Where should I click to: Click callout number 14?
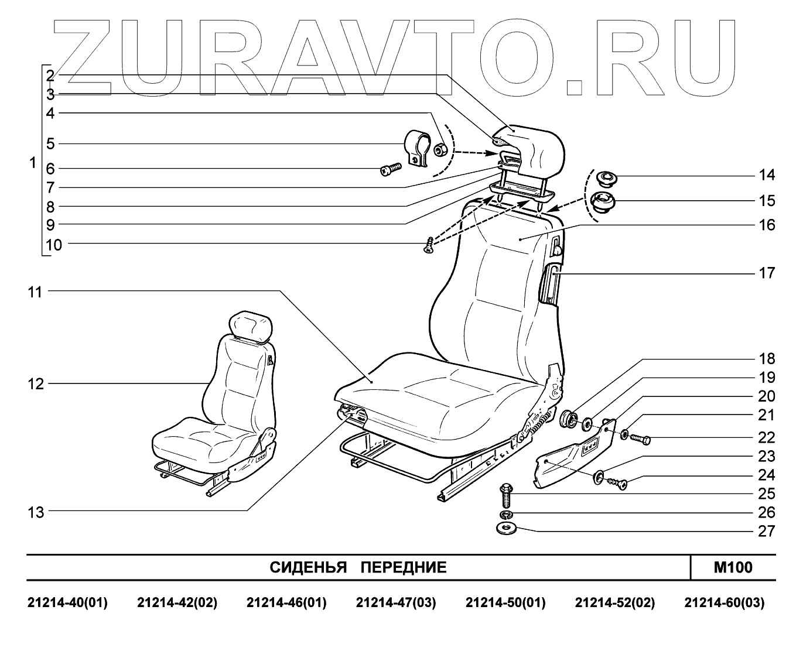(767, 175)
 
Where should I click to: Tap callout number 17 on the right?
(767, 273)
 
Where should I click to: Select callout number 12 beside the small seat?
(36, 384)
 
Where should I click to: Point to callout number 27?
(767, 531)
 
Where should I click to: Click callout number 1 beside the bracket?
(33, 163)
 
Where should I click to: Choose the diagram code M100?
(733, 567)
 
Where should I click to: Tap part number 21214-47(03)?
(396, 603)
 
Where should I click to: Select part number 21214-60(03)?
(725, 603)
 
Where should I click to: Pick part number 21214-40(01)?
(68, 603)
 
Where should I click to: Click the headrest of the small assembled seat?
(252, 325)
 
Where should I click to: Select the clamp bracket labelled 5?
(418, 148)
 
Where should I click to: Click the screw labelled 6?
(389, 170)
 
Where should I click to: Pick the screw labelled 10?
(429, 245)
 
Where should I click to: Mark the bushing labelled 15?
(602, 203)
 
